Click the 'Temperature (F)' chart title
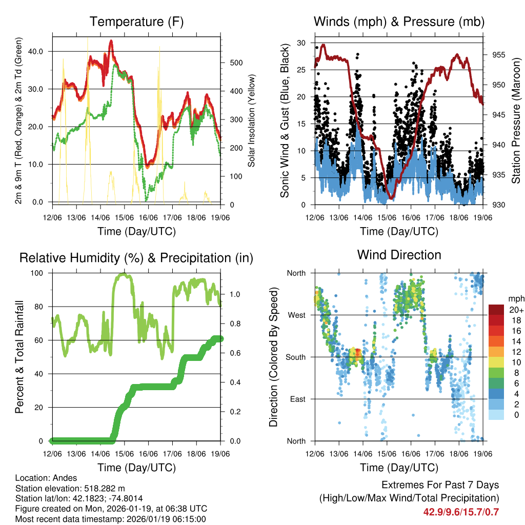[x=136, y=22]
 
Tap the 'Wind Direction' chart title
[x=399, y=255]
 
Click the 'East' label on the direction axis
[x=296, y=399]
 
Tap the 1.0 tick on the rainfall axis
[x=235, y=295]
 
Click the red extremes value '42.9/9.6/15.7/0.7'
[x=461, y=512]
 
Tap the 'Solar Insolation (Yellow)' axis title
[x=251, y=121]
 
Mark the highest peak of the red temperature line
[x=111, y=41]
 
